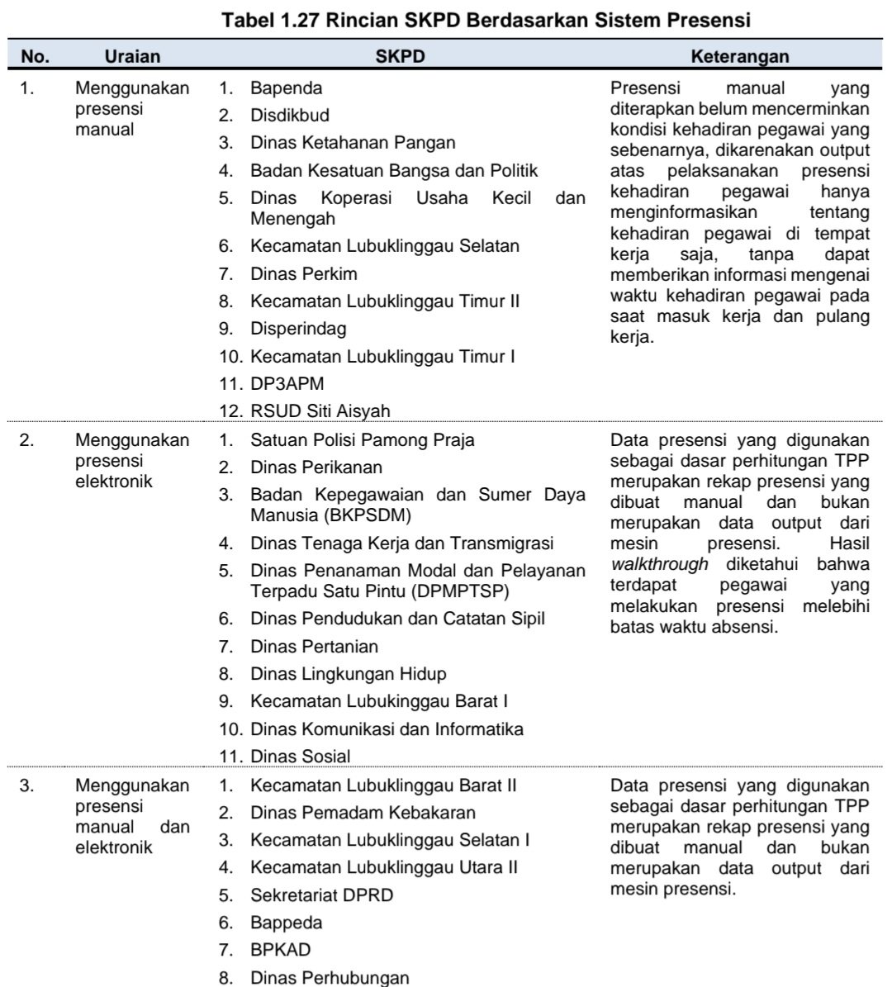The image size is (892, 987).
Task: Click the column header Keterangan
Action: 739,56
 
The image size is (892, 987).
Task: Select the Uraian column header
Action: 133,56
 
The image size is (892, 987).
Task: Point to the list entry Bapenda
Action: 286,88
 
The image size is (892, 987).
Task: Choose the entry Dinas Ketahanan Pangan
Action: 353,142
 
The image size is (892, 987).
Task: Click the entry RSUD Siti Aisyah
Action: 320,410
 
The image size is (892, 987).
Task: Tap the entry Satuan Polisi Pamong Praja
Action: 363,439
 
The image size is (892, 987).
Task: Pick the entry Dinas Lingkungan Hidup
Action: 349,674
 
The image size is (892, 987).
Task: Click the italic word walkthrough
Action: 660,564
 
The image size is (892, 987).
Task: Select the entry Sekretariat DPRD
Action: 322,894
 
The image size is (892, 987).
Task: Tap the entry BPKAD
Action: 281,950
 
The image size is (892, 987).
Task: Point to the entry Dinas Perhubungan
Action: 330,978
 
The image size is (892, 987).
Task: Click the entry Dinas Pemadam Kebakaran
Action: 363,813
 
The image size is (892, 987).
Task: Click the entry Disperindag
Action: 298,328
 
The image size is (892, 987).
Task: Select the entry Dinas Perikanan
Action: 316,467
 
